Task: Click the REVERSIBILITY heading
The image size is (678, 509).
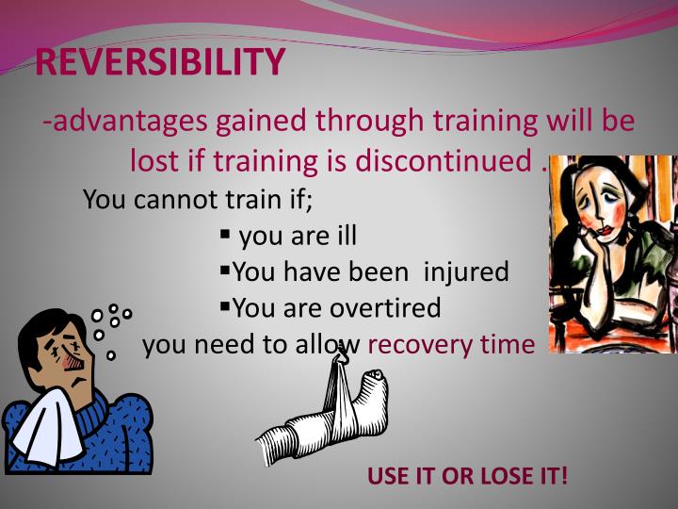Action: coord(160,62)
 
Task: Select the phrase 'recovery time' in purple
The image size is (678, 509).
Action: coord(450,344)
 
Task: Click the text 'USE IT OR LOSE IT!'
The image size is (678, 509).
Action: coord(468,475)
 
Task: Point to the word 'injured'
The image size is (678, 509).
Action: coord(465,272)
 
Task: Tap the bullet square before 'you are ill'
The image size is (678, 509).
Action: coord(226,233)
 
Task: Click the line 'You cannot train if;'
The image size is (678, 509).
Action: coord(198,200)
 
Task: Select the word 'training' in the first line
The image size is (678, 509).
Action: coord(476,122)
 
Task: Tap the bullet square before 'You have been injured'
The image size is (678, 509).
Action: coord(225,270)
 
